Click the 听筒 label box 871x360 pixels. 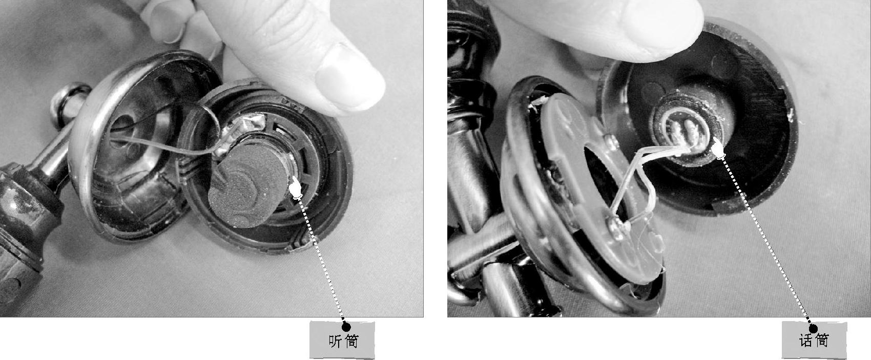(342, 340)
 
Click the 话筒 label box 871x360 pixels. (814, 340)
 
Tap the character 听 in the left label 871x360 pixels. (335, 341)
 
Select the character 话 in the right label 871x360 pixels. (806, 341)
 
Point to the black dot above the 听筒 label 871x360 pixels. (346, 327)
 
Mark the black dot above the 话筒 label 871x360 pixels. (813, 329)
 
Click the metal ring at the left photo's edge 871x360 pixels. (70, 101)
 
